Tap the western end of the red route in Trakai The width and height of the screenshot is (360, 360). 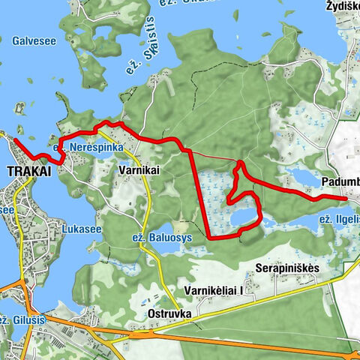pyautogui.click(x=15, y=139)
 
